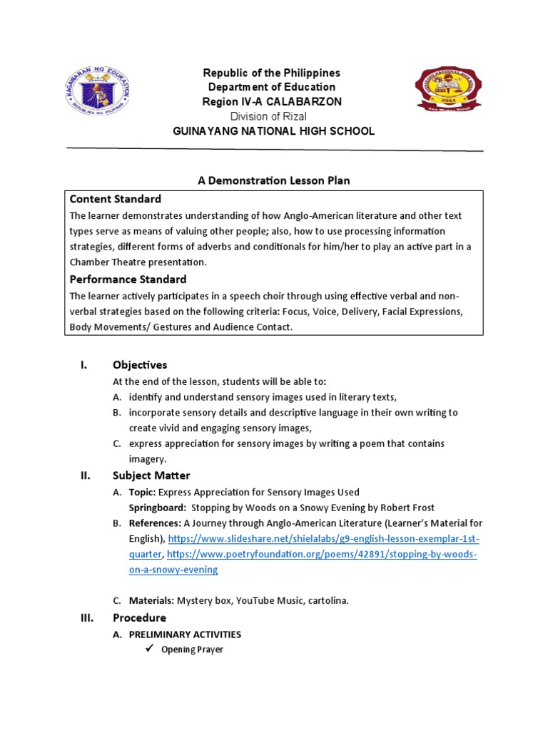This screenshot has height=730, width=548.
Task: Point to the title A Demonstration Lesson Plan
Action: pos(274,181)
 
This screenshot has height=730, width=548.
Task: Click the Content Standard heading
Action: pos(115,199)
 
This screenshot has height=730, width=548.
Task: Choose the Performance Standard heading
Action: pos(128,279)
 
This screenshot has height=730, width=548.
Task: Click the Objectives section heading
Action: pos(140,365)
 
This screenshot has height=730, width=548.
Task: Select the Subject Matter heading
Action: pos(151,475)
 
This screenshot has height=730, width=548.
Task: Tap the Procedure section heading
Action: pos(139,617)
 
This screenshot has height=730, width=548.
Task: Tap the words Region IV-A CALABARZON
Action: pos(273,102)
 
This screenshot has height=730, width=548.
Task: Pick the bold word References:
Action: pos(154,523)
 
